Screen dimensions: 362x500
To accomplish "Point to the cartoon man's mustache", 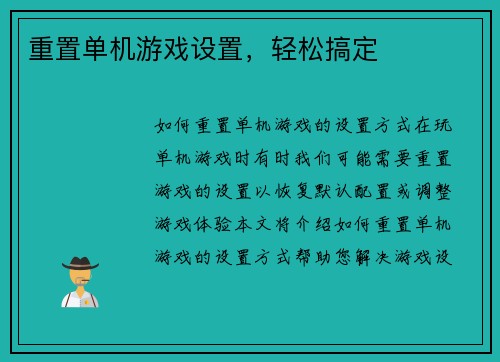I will pos(79,283).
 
